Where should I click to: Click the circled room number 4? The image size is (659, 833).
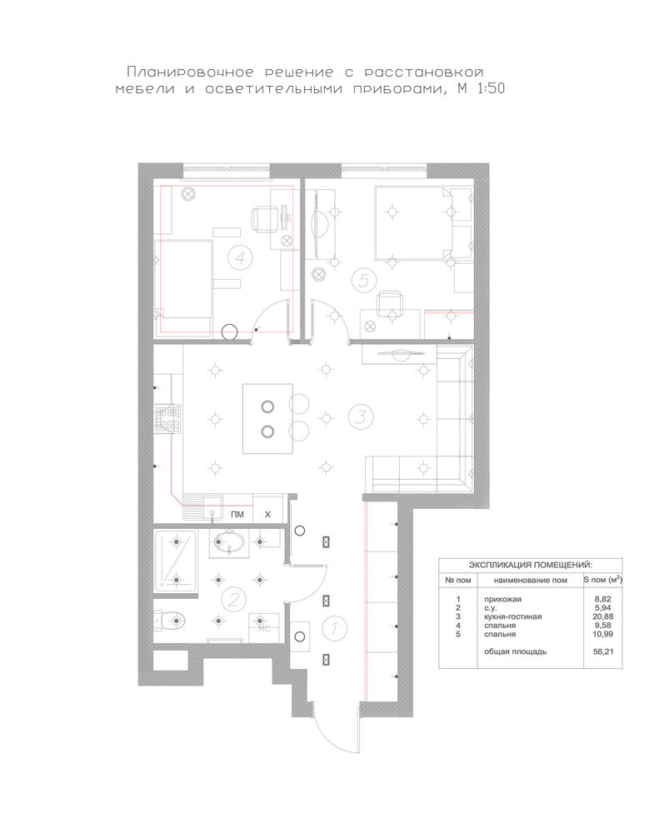pos(240,257)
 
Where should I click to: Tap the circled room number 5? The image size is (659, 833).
pos(364,279)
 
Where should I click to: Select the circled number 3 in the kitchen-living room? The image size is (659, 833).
pos(361,416)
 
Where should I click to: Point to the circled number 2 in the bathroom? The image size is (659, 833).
pos(233,600)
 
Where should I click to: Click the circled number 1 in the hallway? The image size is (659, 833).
pos(334,628)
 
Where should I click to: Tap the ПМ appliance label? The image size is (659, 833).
pos(237,514)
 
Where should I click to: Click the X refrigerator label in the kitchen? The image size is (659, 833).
pos(267,514)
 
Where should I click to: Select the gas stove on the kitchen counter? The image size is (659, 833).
pos(167,418)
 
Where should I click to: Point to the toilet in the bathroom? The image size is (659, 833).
pos(169,620)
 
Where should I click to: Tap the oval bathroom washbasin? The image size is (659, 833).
pos(228,543)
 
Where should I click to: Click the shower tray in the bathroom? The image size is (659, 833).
pos(176,561)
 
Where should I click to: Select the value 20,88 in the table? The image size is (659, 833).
pos(603,616)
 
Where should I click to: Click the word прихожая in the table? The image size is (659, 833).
pos(502,599)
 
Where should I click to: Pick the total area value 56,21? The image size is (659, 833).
pos(603,651)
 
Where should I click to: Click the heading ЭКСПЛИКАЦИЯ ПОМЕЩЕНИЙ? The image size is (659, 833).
pos(531,565)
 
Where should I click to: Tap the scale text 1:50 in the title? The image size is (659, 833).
pos(491,89)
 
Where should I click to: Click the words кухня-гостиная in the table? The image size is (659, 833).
pos(513,616)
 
